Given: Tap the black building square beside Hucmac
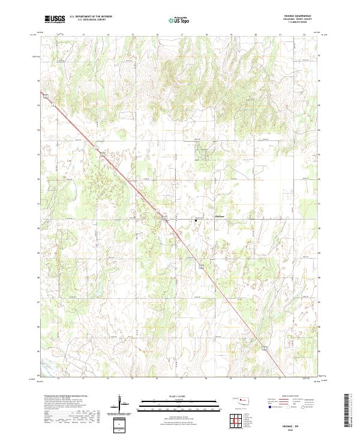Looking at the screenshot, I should (195, 220).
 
